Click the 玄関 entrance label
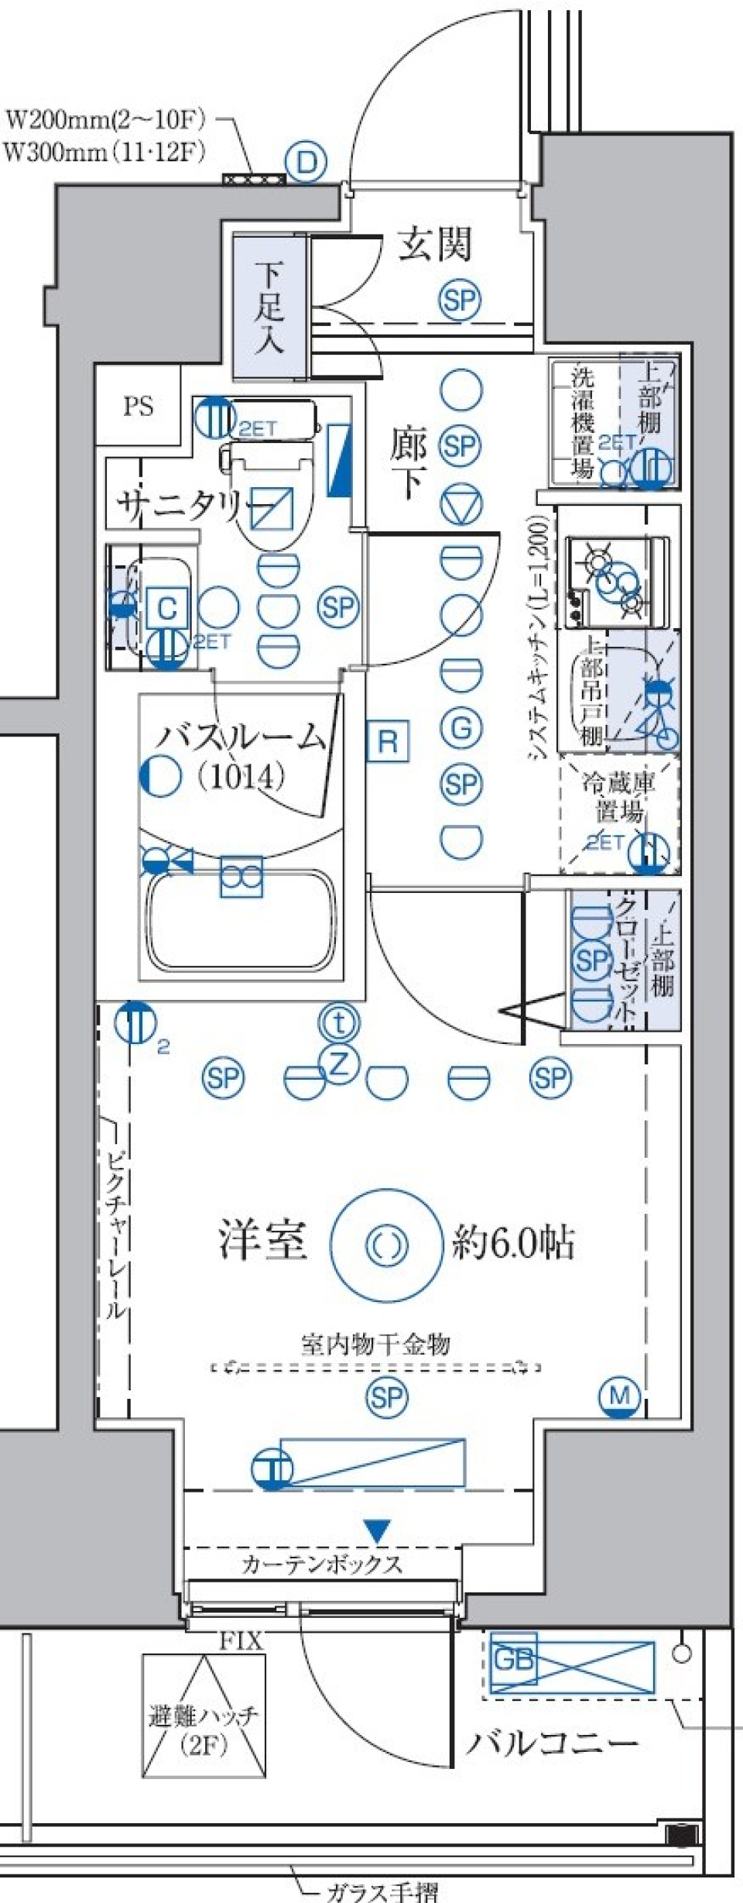434,244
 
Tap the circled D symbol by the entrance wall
306,163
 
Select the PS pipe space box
138,406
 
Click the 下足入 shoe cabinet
269,307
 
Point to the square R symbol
387,742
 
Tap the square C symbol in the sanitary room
166,609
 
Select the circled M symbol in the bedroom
620,1395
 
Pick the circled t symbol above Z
339,1023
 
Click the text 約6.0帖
513,1242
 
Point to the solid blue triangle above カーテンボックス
377,1530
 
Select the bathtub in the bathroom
242,919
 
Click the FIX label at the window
241,1640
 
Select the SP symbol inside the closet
592,960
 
